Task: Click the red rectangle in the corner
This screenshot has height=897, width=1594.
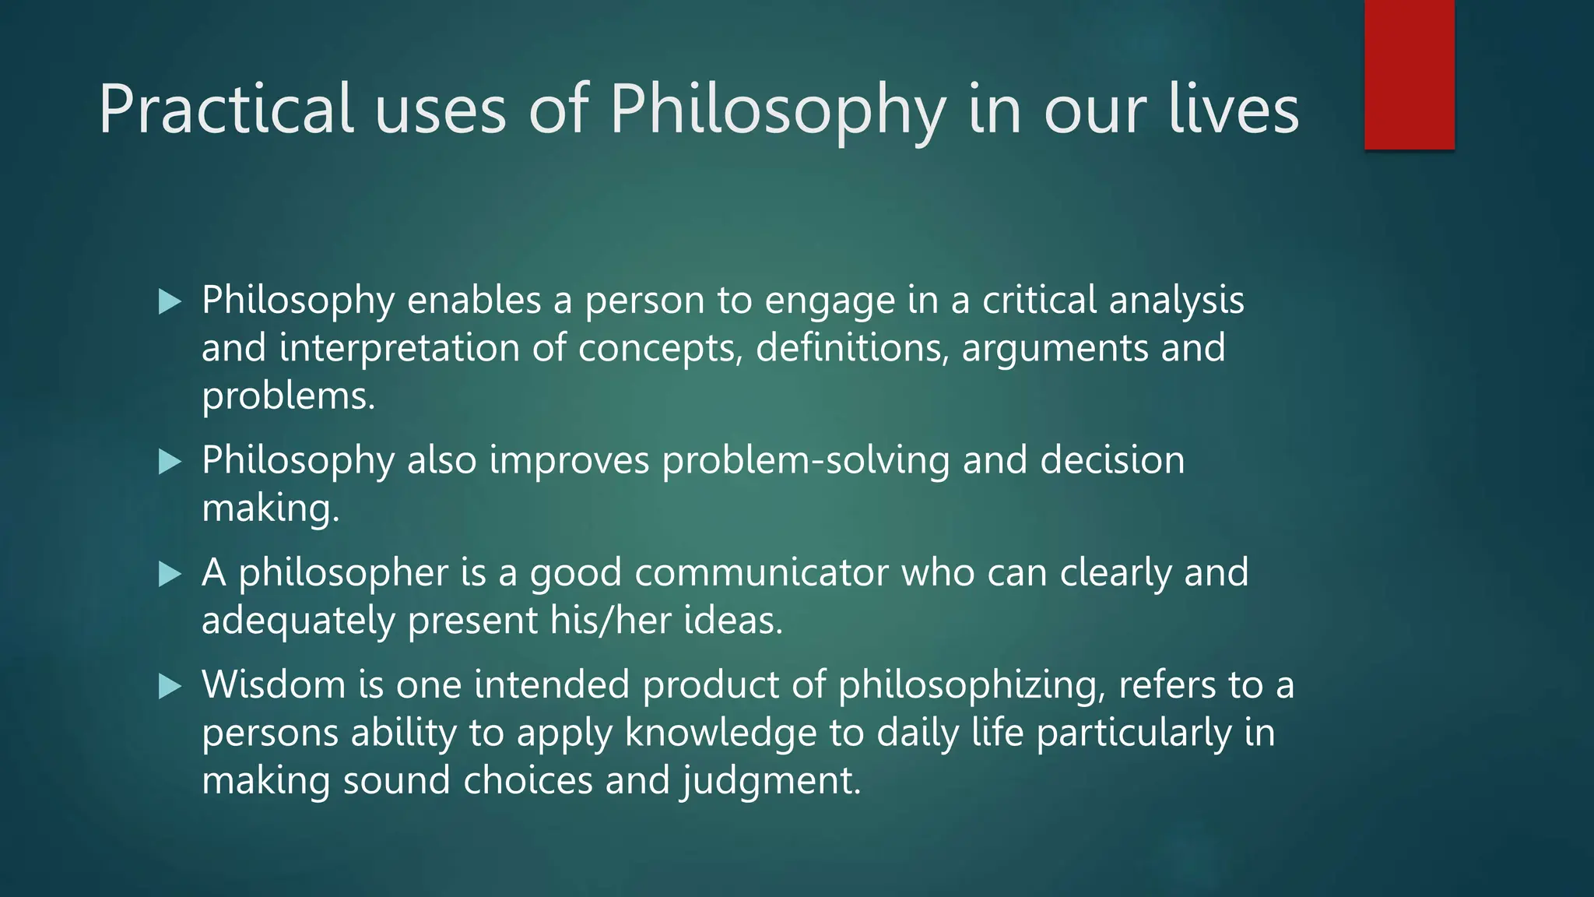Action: coord(1409,75)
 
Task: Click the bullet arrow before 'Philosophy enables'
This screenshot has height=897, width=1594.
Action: coord(170,301)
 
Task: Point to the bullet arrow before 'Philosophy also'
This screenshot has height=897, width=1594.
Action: coord(170,462)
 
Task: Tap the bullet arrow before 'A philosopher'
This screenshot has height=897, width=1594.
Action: coord(170,574)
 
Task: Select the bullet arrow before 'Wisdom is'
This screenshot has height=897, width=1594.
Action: coord(170,686)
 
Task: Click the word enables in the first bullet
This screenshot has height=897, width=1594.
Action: coord(473,301)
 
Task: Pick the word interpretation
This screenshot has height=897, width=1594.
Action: coord(398,348)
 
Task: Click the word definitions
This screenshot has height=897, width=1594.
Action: coord(851,348)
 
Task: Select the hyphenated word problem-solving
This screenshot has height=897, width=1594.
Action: coord(806,461)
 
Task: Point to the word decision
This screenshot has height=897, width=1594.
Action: coord(1112,460)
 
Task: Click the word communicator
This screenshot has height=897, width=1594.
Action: coord(761,573)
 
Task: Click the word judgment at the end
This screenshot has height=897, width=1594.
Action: coord(771,782)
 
